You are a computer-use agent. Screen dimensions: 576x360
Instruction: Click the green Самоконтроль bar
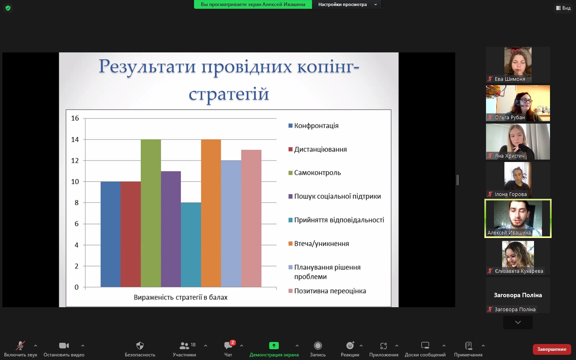pyautogui.click(x=151, y=213)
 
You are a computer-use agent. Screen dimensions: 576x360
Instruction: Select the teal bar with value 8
pyautogui.click(x=191, y=245)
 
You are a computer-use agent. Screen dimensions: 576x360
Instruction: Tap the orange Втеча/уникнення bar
pyautogui.click(x=211, y=213)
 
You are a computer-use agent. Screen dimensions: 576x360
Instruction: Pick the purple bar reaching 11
pyautogui.click(x=171, y=229)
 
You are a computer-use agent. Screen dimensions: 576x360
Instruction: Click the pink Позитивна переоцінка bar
pyautogui.click(x=251, y=218)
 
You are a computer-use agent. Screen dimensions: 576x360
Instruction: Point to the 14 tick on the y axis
pyautogui.click(x=75, y=140)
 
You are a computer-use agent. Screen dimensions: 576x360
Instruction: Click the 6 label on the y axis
pyautogui.click(x=77, y=224)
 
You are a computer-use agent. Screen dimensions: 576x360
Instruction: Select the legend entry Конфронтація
pyautogui.click(x=314, y=126)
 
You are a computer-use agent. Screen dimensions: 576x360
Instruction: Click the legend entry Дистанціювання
pyautogui.click(x=318, y=150)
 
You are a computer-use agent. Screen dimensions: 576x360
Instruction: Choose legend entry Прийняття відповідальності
pyautogui.click(x=336, y=220)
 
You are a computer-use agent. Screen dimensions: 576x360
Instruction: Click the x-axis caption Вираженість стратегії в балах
pyautogui.click(x=180, y=298)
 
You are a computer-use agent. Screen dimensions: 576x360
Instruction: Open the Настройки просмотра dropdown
pyautogui.click(x=347, y=4)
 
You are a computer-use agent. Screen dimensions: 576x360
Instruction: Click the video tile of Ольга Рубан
pyautogui.click(x=518, y=103)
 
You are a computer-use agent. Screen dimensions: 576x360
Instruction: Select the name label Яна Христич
pyautogui.click(x=510, y=156)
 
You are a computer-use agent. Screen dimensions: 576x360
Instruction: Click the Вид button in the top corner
pyautogui.click(x=563, y=8)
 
